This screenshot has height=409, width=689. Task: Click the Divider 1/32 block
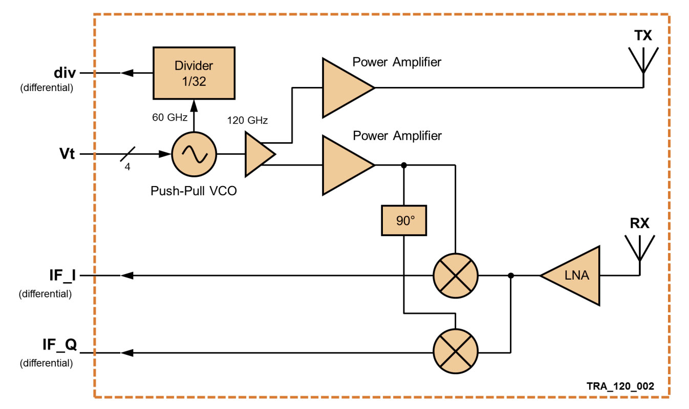pos(194,73)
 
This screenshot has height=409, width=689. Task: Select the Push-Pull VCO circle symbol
pos(194,154)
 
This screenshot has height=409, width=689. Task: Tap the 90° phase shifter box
pos(404,220)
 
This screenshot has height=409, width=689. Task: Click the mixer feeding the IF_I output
pos(455,276)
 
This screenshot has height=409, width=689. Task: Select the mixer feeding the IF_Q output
pos(455,353)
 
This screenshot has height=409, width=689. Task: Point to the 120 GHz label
pos(248,121)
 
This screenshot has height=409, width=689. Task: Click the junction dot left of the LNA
pos(510,276)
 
